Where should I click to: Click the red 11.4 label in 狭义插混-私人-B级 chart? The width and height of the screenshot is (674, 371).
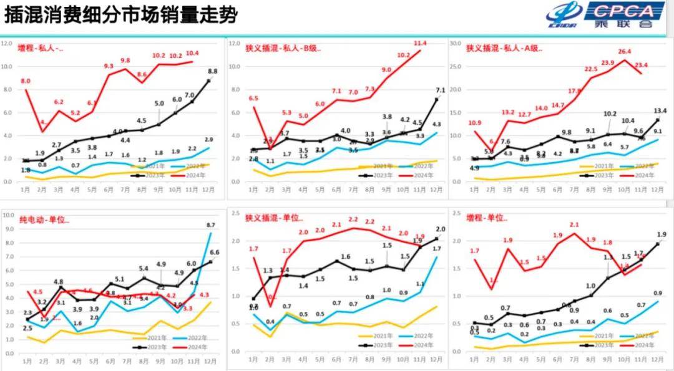pyautogui.click(x=420, y=43)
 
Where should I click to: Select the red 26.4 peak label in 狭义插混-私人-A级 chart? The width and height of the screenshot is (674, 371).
pyautogui.click(x=625, y=52)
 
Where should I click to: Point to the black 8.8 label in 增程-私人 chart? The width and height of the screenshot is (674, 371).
pyautogui.click(x=212, y=71)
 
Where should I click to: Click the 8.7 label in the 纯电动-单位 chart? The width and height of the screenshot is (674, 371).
pyautogui.click(x=210, y=224)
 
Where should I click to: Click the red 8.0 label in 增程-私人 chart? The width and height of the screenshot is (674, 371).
pyautogui.click(x=26, y=81)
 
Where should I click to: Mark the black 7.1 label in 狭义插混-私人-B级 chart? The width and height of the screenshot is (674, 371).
pyautogui.click(x=440, y=90)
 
